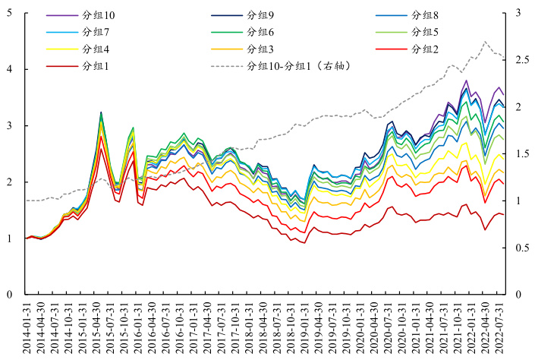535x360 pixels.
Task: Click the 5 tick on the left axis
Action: pyautogui.click(x=8, y=13)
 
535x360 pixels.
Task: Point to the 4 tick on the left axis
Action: pyautogui.click(x=8, y=69)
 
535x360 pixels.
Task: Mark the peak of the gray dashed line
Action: pyautogui.click(x=486, y=41)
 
